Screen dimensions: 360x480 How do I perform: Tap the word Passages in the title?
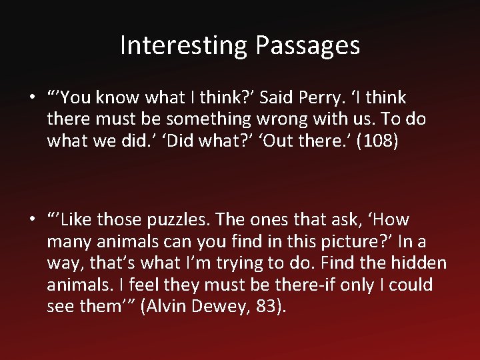tap(307, 45)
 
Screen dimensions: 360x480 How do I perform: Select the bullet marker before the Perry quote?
tap(32, 98)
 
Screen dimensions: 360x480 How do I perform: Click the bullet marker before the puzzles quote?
tap(32, 219)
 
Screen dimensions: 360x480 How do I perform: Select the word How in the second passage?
tap(393, 219)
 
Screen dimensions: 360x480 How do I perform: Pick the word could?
tap(411, 285)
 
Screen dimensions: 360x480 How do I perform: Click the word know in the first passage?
tap(117, 98)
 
